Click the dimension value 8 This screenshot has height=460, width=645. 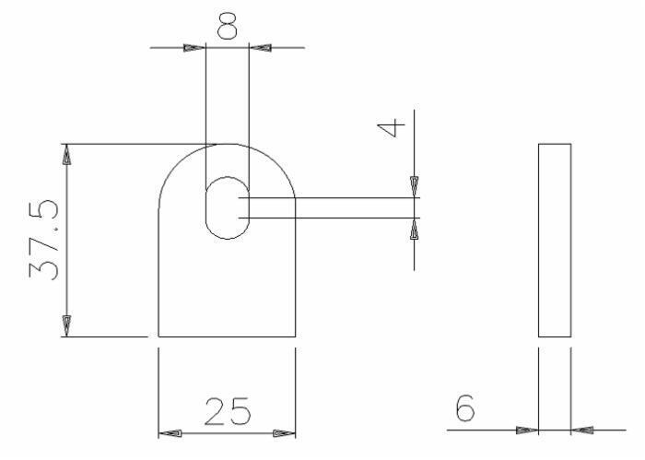click(227, 26)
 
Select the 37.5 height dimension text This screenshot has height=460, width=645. click(43, 240)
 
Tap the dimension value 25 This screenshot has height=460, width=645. click(228, 411)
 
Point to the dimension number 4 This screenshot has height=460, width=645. click(392, 127)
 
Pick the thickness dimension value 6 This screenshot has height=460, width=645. click(465, 407)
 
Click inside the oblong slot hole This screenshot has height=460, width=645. click(227, 207)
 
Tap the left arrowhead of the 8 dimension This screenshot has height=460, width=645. click(194, 48)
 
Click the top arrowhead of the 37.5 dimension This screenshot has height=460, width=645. click(66, 155)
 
